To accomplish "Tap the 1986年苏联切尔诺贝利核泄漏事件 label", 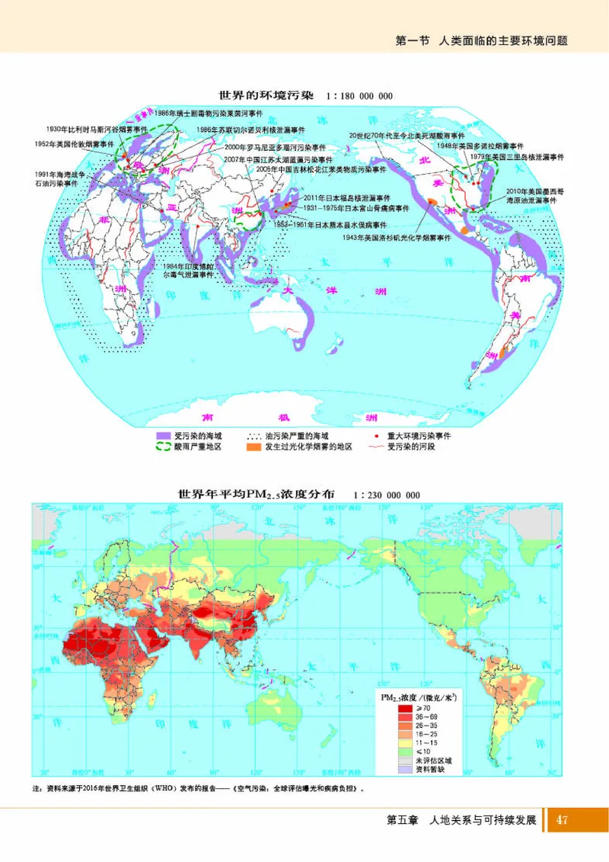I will (x=241, y=130).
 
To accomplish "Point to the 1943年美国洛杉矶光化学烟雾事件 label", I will (x=397, y=238).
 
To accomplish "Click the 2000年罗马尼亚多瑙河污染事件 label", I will (x=276, y=146).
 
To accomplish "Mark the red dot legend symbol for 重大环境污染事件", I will (x=377, y=436).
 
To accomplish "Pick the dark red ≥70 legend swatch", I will (x=403, y=708).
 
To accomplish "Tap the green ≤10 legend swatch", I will (x=403, y=751).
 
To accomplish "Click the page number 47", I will (x=563, y=821).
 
